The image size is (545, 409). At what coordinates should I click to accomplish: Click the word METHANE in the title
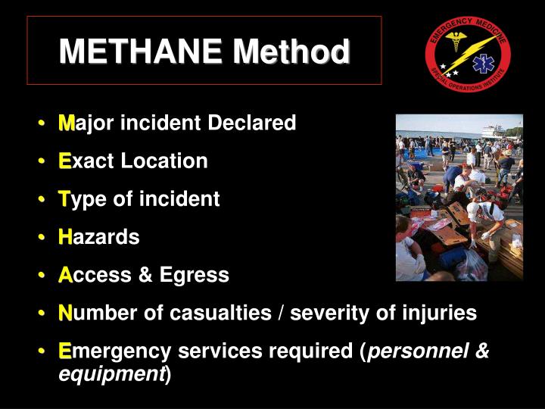coord(142,52)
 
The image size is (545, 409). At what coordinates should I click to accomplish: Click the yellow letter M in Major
coord(66,123)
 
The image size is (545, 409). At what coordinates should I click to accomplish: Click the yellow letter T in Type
coord(64,199)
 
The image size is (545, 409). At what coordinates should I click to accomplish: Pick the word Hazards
coord(99,237)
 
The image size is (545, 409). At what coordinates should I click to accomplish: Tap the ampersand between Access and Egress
coord(145,275)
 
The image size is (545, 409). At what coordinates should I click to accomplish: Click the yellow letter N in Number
coord(66,313)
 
